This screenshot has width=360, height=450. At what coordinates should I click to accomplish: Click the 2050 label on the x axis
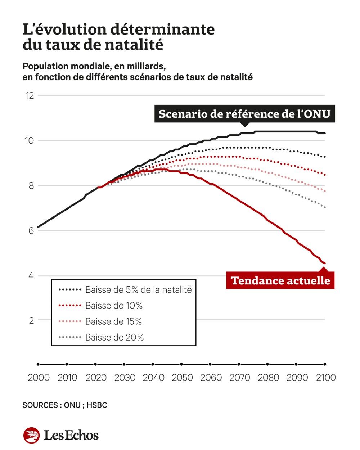[182, 378]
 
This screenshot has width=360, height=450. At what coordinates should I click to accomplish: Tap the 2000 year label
[39, 378]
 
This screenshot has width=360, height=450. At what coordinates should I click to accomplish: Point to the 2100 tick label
[325, 378]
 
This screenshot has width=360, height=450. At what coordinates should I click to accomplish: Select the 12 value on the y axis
[30, 96]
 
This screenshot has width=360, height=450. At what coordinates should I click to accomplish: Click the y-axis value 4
[31, 276]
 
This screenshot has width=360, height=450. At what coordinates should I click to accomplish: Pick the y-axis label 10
[29, 141]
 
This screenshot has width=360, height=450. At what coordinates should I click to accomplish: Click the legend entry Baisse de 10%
[114, 306]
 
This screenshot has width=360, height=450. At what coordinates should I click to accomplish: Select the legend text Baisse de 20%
[114, 337]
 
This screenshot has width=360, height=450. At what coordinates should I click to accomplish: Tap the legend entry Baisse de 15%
[113, 321]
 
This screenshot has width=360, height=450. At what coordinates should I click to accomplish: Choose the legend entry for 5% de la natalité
[138, 290]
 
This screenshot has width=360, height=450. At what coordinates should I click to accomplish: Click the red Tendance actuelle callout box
[280, 280]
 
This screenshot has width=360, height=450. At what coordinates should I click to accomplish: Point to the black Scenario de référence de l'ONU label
[244, 114]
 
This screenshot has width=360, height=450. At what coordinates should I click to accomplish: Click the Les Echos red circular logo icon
[31, 435]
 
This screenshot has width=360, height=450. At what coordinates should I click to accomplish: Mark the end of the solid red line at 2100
[325, 264]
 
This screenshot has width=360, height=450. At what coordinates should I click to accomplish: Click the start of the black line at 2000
[38, 227]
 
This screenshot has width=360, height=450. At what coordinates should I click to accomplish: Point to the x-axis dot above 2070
[239, 364]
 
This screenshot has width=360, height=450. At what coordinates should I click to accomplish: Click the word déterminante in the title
[162, 30]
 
